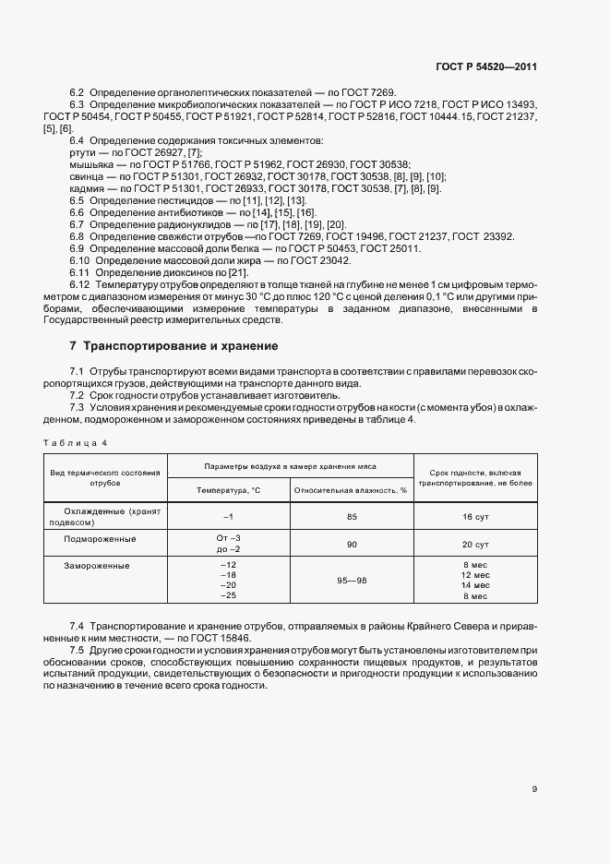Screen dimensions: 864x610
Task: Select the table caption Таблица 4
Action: click(76, 442)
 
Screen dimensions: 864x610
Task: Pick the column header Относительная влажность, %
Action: click(351, 490)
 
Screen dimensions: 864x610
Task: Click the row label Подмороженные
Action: click(100, 538)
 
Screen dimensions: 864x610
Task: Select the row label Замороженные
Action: click(98, 564)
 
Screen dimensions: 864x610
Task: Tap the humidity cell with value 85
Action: click(352, 516)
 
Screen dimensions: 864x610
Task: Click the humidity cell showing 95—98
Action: click(352, 581)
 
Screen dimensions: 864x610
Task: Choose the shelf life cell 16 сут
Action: click(475, 517)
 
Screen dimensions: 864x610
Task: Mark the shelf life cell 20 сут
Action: click(475, 545)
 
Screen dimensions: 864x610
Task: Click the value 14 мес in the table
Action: click(475, 586)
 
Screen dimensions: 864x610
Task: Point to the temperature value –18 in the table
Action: click(229, 575)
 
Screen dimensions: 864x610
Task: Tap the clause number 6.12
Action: click(79, 284)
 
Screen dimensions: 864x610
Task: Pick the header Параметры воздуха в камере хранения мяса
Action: click(290, 467)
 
